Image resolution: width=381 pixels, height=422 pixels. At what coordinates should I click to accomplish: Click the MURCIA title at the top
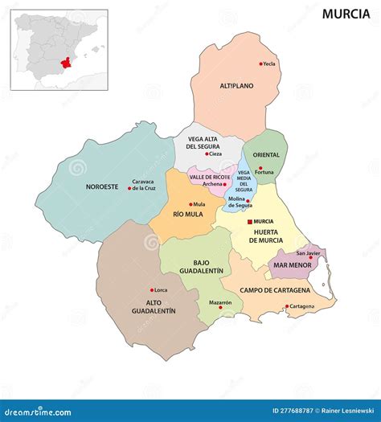(346, 14)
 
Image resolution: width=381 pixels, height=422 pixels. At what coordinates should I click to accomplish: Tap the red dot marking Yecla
(260, 64)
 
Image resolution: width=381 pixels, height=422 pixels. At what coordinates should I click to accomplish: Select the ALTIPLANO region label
(237, 85)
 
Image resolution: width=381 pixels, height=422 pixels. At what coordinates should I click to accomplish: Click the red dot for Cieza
(207, 154)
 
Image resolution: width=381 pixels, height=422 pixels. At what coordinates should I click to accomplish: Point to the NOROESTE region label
(102, 186)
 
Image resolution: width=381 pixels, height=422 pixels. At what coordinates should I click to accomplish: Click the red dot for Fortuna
(260, 168)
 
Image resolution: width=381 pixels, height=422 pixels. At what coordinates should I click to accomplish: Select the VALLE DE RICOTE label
(210, 176)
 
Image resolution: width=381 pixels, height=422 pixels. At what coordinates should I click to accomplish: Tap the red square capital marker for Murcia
(249, 221)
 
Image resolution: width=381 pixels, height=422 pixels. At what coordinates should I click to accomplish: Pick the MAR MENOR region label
(292, 264)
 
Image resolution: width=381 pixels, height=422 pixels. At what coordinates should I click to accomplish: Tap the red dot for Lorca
(151, 290)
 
